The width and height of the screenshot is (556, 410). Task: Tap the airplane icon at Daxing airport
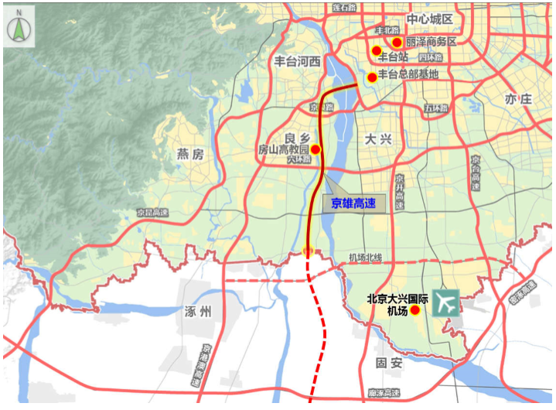[x=445, y=302]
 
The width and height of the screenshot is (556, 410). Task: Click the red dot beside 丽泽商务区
[x=397, y=43]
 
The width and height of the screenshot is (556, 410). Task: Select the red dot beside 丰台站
[x=377, y=51]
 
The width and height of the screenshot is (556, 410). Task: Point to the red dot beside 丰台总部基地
[x=372, y=77]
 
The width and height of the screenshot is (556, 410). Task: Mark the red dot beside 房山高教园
[x=315, y=149]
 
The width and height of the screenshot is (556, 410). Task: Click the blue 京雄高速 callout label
[x=353, y=204]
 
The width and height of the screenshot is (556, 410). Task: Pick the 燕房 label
[x=189, y=154]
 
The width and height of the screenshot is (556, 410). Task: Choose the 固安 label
[x=387, y=362]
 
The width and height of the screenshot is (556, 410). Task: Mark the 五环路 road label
[x=435, y=109]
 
